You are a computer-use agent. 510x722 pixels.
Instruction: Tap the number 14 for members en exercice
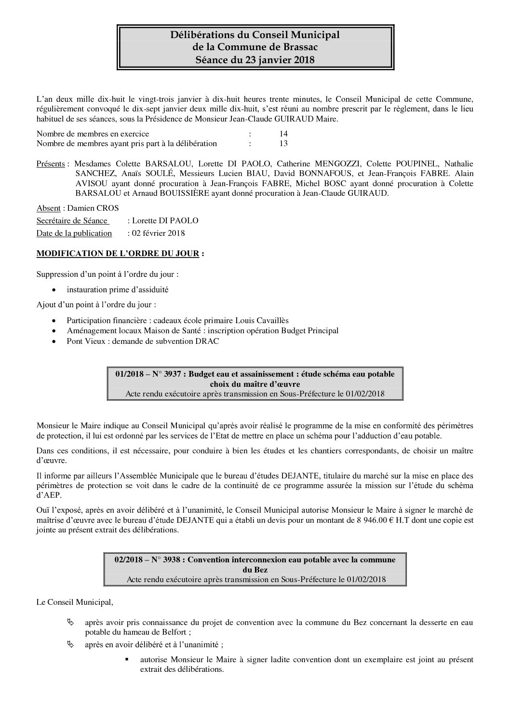click(x=283, y=134)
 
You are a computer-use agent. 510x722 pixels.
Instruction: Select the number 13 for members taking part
click(x=283, y=143)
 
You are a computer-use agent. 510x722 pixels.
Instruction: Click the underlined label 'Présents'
click(x=51, y=164)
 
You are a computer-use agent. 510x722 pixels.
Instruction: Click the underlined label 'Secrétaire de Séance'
click(x=72, y=220)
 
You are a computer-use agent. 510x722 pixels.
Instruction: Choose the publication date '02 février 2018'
click(x=158, y=233)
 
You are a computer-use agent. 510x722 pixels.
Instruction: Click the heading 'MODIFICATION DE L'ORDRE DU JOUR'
click(x=118, y=254)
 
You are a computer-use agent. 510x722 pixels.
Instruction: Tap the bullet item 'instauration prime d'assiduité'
click(x=118, y=289)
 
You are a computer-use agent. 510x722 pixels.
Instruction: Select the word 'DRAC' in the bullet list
click(x=209, y=341)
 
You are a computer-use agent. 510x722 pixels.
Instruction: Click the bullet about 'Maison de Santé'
click(x=202, y=330)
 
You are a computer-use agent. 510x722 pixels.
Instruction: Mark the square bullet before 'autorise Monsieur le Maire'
click(x=127, y=659)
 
